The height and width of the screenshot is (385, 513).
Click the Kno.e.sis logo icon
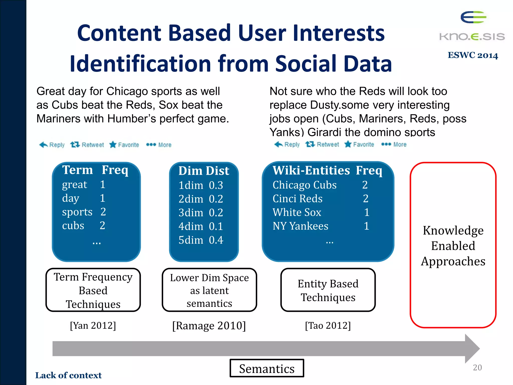[x=473, y=18]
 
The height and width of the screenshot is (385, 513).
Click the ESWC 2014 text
[x=473, y=55]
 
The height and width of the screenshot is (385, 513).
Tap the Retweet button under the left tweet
[x=87, y=145]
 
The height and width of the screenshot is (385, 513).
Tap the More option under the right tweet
[x=394, y=144]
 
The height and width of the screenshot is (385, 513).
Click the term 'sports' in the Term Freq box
[x=77, y=212]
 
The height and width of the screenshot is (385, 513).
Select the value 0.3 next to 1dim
[x=216, y=185]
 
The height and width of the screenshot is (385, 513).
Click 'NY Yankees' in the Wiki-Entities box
[x=300, y=226]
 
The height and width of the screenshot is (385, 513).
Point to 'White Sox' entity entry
[x=297, y=212]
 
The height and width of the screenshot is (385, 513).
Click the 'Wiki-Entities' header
[x=311, y=170]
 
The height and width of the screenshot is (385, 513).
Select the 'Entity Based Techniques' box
[x=328, y=290]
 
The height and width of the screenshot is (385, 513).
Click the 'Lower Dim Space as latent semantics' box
[x=209, y=290]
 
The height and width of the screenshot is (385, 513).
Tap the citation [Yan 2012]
[x=93, y=326]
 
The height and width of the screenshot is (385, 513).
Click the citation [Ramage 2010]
[x=209, y=326]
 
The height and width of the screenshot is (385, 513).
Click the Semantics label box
[x=267, y=368]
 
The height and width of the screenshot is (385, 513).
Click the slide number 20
[x=477, y=367]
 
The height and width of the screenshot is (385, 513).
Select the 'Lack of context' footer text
[x=68, y=375]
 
